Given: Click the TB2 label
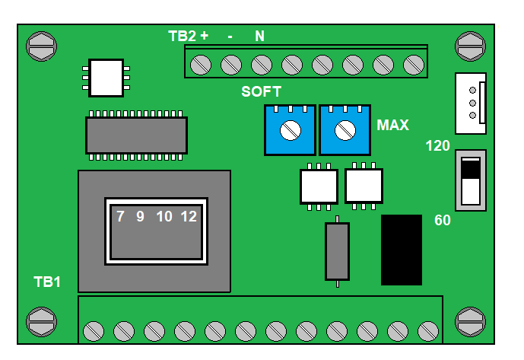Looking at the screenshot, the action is [x=182, y=36].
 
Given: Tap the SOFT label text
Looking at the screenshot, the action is [x=262, y=91].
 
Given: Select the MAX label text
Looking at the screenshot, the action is [x=392, y=125].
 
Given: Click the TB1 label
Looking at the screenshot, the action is [x=47, y=282].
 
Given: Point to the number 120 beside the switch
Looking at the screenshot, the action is [x=438, y=146].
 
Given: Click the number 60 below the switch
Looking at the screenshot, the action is [x=443, y=220].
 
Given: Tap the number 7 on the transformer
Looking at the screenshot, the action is [x=120, y=216].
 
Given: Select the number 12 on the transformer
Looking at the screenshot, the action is [x=189, y=216].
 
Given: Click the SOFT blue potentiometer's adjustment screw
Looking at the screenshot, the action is [x=291, y=130].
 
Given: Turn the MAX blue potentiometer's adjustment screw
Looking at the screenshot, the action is [x=345, y=130].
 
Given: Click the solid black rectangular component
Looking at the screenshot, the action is [x=402, y=250].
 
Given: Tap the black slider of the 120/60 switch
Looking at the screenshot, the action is [x=471, y=168].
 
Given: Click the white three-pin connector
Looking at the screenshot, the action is [x=471, y=104].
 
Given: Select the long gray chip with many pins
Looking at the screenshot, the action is [x=136, y=135].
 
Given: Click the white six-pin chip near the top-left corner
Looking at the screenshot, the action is [x=106, y=78].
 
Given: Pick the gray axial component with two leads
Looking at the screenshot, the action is [x=337, y=252].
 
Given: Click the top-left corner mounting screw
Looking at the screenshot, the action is [x=41, y=46].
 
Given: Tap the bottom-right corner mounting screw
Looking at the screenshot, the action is [x=470, y=322].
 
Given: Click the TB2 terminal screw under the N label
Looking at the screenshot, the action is [x=262, y=65].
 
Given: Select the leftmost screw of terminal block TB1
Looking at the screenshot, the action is [x=94, y=332].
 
